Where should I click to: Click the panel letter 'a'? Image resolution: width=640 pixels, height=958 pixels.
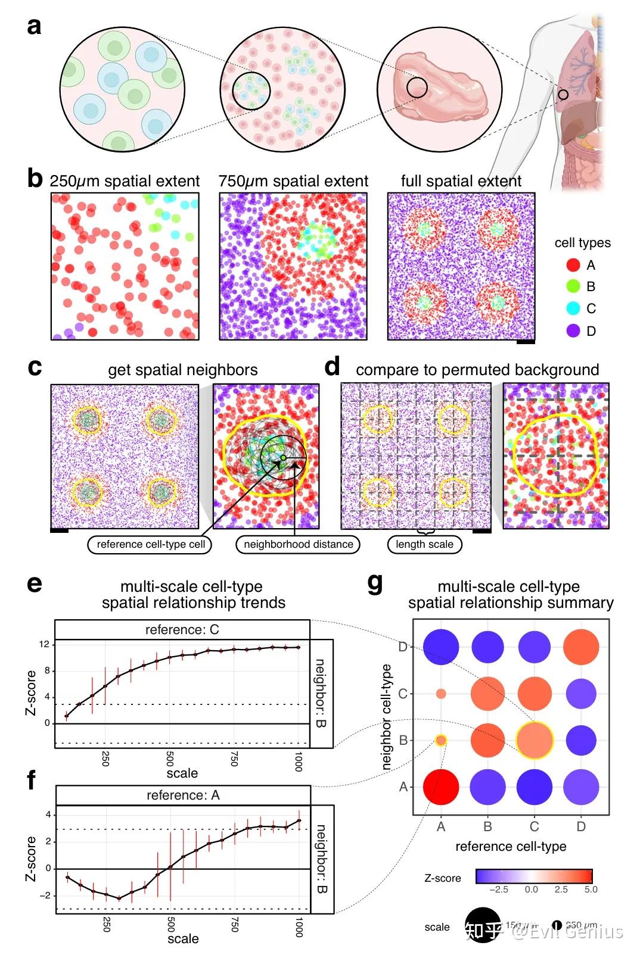[x=35, y=27]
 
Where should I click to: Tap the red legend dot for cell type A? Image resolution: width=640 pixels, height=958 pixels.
[x=573, y=265]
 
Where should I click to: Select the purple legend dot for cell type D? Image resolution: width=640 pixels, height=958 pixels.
[x=573, y=331]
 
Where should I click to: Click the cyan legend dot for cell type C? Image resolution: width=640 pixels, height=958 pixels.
[x=573, y=308]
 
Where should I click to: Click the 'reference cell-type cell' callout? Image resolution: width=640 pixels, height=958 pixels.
[x=150, y=544]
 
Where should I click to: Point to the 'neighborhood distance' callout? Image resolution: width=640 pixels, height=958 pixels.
[x=298, y=544]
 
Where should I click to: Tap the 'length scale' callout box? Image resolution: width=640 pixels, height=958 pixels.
[x=424, y=544]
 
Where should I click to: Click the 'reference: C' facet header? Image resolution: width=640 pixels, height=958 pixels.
[x=182, y=630]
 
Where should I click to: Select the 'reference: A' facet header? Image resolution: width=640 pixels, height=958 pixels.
[x=183, y=795]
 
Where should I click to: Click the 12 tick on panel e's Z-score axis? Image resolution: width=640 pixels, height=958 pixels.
[x=44, y=644]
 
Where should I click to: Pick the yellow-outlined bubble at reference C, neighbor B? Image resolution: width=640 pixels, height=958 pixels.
[x=535, y=740]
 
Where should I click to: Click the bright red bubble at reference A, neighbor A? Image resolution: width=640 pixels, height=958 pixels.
[x=441, y=787]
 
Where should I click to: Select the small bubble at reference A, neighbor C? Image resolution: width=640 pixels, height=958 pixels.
[x=441, y=694]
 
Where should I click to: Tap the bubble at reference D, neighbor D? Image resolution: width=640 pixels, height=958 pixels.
[x=581, y=647]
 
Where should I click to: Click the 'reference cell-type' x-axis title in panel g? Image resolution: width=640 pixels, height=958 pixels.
[x=511, y=846]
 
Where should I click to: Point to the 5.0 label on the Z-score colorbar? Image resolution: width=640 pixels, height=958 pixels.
[x=591, y=889]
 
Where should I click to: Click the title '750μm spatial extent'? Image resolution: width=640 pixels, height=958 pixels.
[x=293, y=181]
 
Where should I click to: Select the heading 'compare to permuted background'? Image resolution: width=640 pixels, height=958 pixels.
[x=477, y=370]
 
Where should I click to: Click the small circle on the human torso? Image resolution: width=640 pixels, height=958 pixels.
[x=563, y=94]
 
